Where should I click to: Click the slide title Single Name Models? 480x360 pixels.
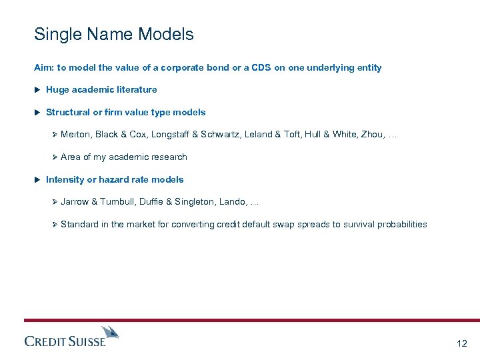click(114, 35)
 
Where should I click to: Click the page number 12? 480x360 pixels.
click(462, 343)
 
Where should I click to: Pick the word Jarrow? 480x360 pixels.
click(74, 202)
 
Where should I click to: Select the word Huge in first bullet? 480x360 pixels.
click(56, 90)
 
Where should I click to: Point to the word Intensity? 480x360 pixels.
click(65, 180)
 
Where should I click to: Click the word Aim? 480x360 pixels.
click(42, 68)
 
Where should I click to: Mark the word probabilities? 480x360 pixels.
click(401, 225)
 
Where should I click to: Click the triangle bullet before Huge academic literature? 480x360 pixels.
click(37, 90)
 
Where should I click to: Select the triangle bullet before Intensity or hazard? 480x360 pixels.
click(37, 180)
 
